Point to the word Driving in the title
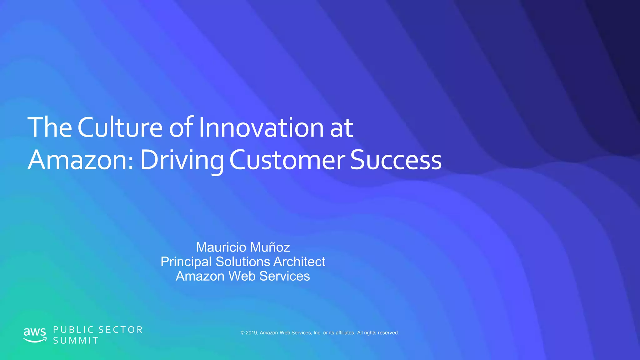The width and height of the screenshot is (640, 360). click(x=182, y=160)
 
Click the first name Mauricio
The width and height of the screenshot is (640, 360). click(x=221, y=247)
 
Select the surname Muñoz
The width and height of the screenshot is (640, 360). click(x=270, y=247)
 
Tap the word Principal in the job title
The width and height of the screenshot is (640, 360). click(x=186, y=262)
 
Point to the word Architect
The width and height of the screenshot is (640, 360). click(x=299, y=262)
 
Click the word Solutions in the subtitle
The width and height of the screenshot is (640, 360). click(x=243, y=262)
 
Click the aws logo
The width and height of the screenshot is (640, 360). click(x=35, y=335)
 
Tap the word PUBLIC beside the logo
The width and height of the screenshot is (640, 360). click(x=74, y=330)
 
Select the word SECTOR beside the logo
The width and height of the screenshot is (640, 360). click(x=121, y=330)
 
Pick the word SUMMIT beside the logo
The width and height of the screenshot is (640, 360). click(x=76, y=341)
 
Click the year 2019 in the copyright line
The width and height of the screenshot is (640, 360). click(x=251, y=333)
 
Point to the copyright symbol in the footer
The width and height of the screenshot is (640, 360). click(x=242, y=333)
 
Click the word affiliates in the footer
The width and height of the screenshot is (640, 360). click(x=345, y=333)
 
